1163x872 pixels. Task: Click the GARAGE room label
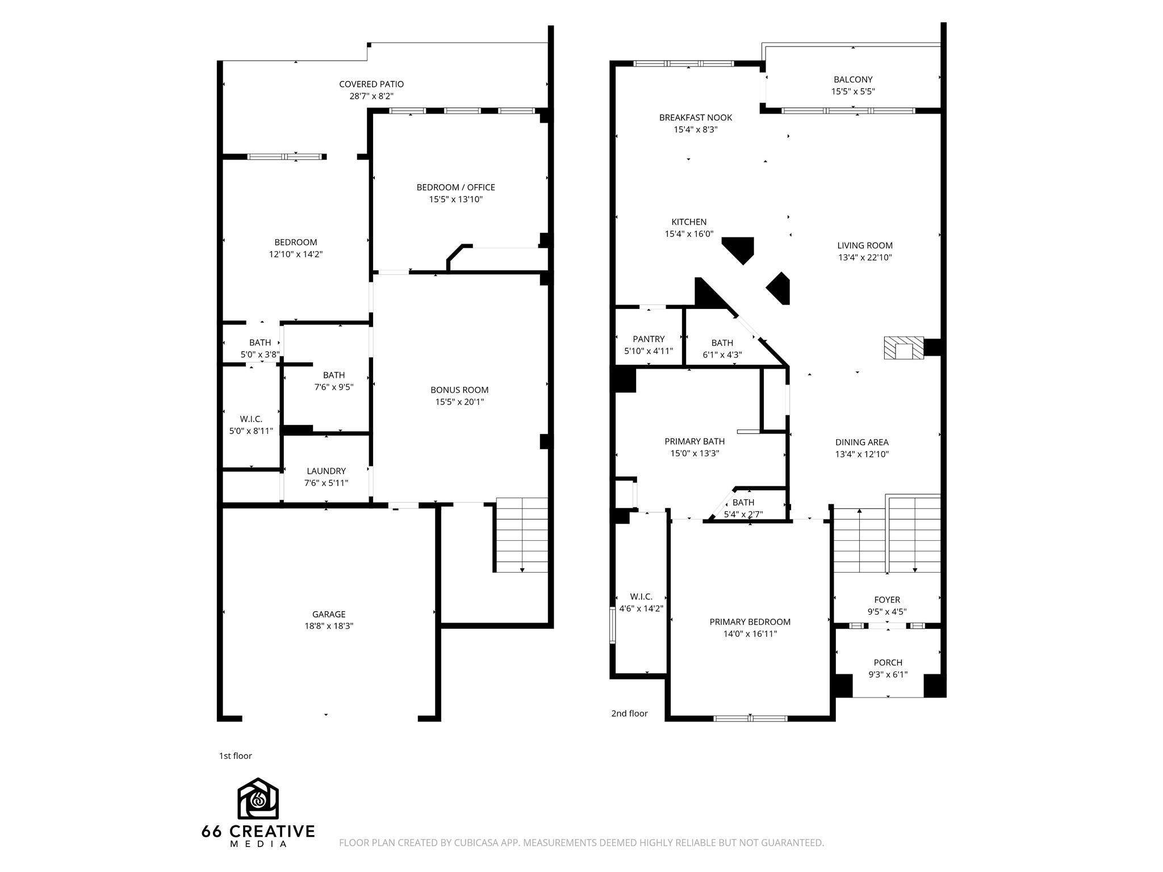328,614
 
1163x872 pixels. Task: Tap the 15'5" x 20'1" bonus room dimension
459,402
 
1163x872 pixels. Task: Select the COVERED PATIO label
371,84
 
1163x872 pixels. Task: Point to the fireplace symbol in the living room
904,348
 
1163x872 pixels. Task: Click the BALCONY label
853,80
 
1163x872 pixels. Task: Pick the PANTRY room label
649,339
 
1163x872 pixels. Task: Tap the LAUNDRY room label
326,471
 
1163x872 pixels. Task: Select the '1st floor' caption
235,756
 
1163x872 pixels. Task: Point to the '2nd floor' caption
629,714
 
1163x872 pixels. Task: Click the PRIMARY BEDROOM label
750,622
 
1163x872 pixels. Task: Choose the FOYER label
887,600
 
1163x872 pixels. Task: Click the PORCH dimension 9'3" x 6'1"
888,675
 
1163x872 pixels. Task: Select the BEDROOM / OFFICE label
455,187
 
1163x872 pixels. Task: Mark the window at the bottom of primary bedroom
750,719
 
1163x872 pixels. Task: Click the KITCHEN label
689,222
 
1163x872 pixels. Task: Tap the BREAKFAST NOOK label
695,118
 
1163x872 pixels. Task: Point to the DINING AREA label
861,443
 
